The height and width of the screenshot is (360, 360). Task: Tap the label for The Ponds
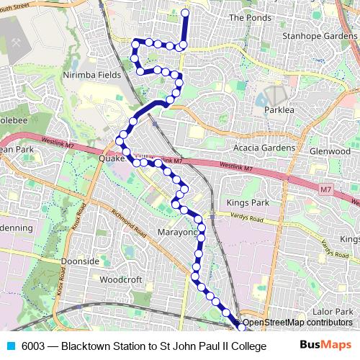pyautogui.click(x=249, y=17)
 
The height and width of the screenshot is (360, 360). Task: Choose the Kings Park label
pyautogui.click(x=247, y=204)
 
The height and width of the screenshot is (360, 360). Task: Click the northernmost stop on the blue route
pyautogui.click(x=185, y=13)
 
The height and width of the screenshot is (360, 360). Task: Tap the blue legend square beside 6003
pyautogui.click(x=11, y=346)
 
